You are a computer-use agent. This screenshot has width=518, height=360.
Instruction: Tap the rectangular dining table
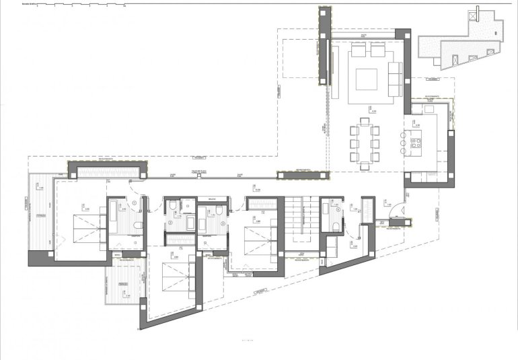pyautogui.click(x=365, y=143)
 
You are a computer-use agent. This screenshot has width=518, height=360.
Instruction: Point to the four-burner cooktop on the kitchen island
pyautogui.click(x=415, y=143)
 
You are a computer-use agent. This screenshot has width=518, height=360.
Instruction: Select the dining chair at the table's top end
pyautogui.click(x=365, y=121)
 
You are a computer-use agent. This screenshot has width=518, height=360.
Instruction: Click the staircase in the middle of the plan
pyautogui.click(x=299, y=219)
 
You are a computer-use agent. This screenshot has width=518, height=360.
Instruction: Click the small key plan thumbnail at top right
pyautogui.click(x=460, y=47)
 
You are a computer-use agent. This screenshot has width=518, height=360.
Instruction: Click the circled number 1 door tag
pyautogui.click(x=135, y=203)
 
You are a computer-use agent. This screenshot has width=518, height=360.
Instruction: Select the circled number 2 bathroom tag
pyautogui.click(x=170, y=222)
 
